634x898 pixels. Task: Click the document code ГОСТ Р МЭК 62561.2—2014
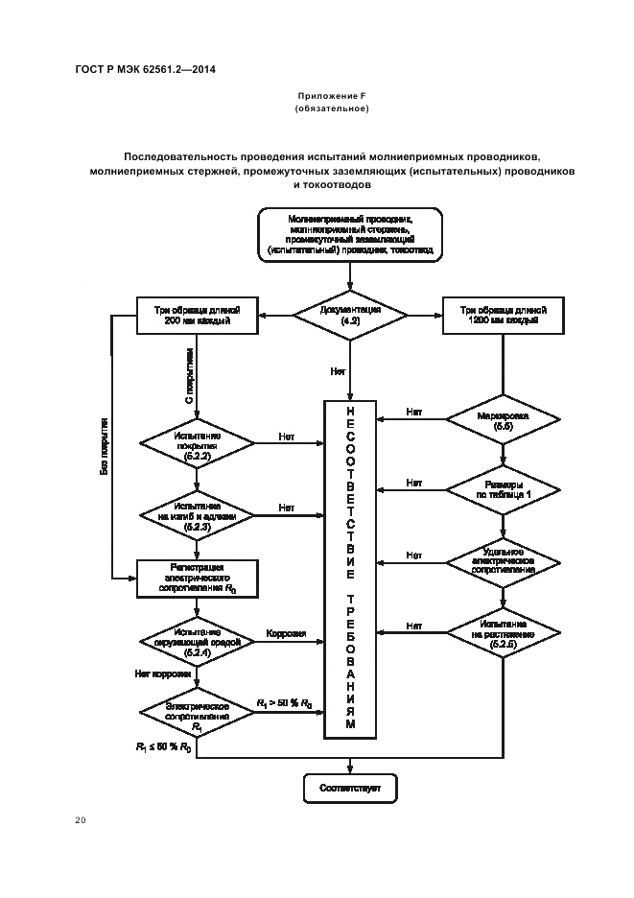(143, 69)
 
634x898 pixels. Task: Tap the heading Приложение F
(331, 97)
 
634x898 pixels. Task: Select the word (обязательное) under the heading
(331, 108)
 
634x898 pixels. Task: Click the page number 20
(80, 819)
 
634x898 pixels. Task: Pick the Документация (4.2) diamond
(349, 315)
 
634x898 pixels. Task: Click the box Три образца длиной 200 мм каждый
(199, 316)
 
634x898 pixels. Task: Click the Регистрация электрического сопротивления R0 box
(198, 579)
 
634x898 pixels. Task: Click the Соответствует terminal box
(349, 789)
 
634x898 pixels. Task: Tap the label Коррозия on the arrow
(286, 633)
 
